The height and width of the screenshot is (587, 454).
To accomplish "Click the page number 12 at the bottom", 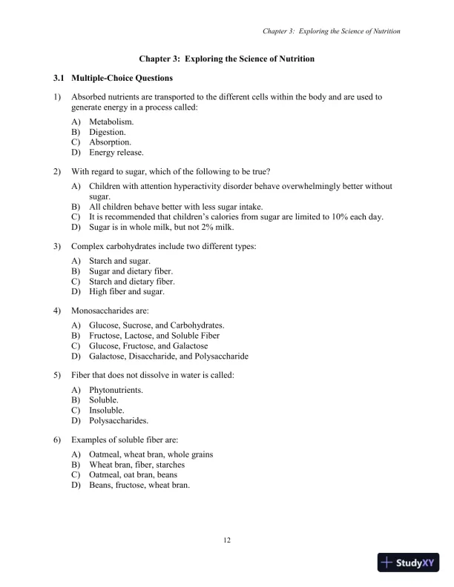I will point(227,540).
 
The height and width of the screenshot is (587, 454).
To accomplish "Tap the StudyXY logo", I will point(408,563).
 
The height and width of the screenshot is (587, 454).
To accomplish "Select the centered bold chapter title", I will point(227,58).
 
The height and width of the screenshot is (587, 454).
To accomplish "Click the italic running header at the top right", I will point(332,32).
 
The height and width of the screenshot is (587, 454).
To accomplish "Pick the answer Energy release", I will point(116,153).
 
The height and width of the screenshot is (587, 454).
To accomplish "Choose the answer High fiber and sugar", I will point(126,292).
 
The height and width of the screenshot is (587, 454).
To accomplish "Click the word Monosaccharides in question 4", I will point(100,311).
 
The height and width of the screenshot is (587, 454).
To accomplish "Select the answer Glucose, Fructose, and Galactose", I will point(148,346).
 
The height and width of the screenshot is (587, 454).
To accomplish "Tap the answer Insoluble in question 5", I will point(107,410).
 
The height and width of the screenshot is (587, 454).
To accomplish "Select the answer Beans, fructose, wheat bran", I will point(139,485).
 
